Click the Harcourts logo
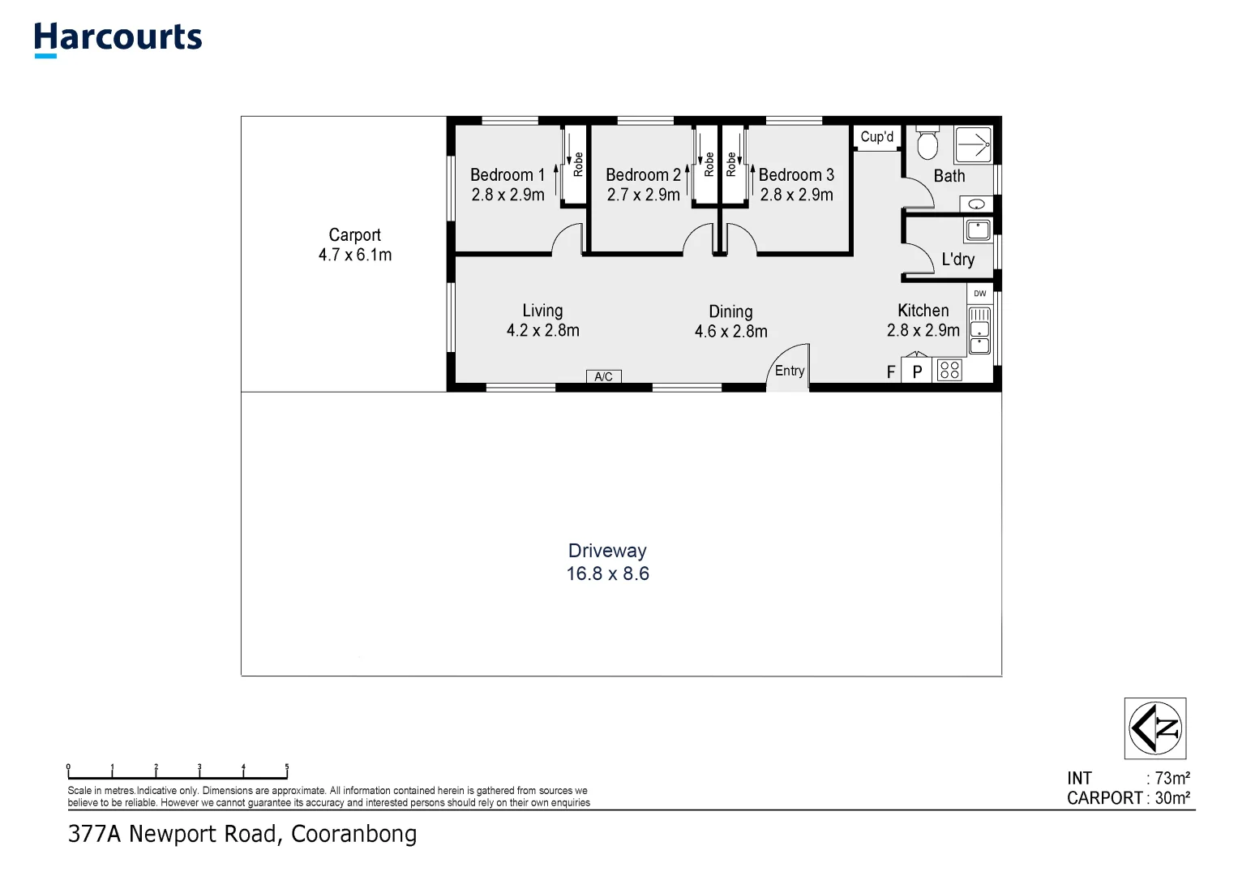point(118,38)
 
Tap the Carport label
point(354,235)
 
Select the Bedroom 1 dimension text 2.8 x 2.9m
point(508,195)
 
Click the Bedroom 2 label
point(643,175)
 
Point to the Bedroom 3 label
point(796,175)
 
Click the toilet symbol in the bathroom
point(927,144)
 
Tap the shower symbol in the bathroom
point(973,146)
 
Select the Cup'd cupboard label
point(876,137)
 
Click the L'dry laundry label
point(957,260)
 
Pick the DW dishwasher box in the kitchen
point(979,294)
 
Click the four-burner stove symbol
point(949,371)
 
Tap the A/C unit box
point(603,376)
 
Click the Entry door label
point(789,371)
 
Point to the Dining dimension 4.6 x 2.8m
point(730,332)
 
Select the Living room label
point(542,311)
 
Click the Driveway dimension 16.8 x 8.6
point(607,574)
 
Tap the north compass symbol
point(1155,728)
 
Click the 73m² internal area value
point(1172,779)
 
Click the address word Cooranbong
point(353,834)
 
